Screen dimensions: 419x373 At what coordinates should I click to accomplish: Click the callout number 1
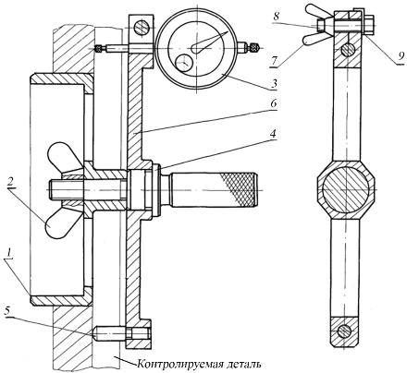(9, 253)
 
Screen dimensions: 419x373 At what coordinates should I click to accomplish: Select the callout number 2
(11, 183)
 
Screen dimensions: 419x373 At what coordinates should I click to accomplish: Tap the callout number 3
(274, 83)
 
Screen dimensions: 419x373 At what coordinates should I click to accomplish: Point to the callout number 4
(273, 134)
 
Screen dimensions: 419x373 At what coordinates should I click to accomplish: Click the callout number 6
(274, 103)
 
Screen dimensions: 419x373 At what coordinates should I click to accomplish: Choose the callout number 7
(275, 60)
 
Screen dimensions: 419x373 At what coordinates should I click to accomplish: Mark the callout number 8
(276, 16)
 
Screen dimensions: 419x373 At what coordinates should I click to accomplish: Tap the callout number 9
(401, 56)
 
